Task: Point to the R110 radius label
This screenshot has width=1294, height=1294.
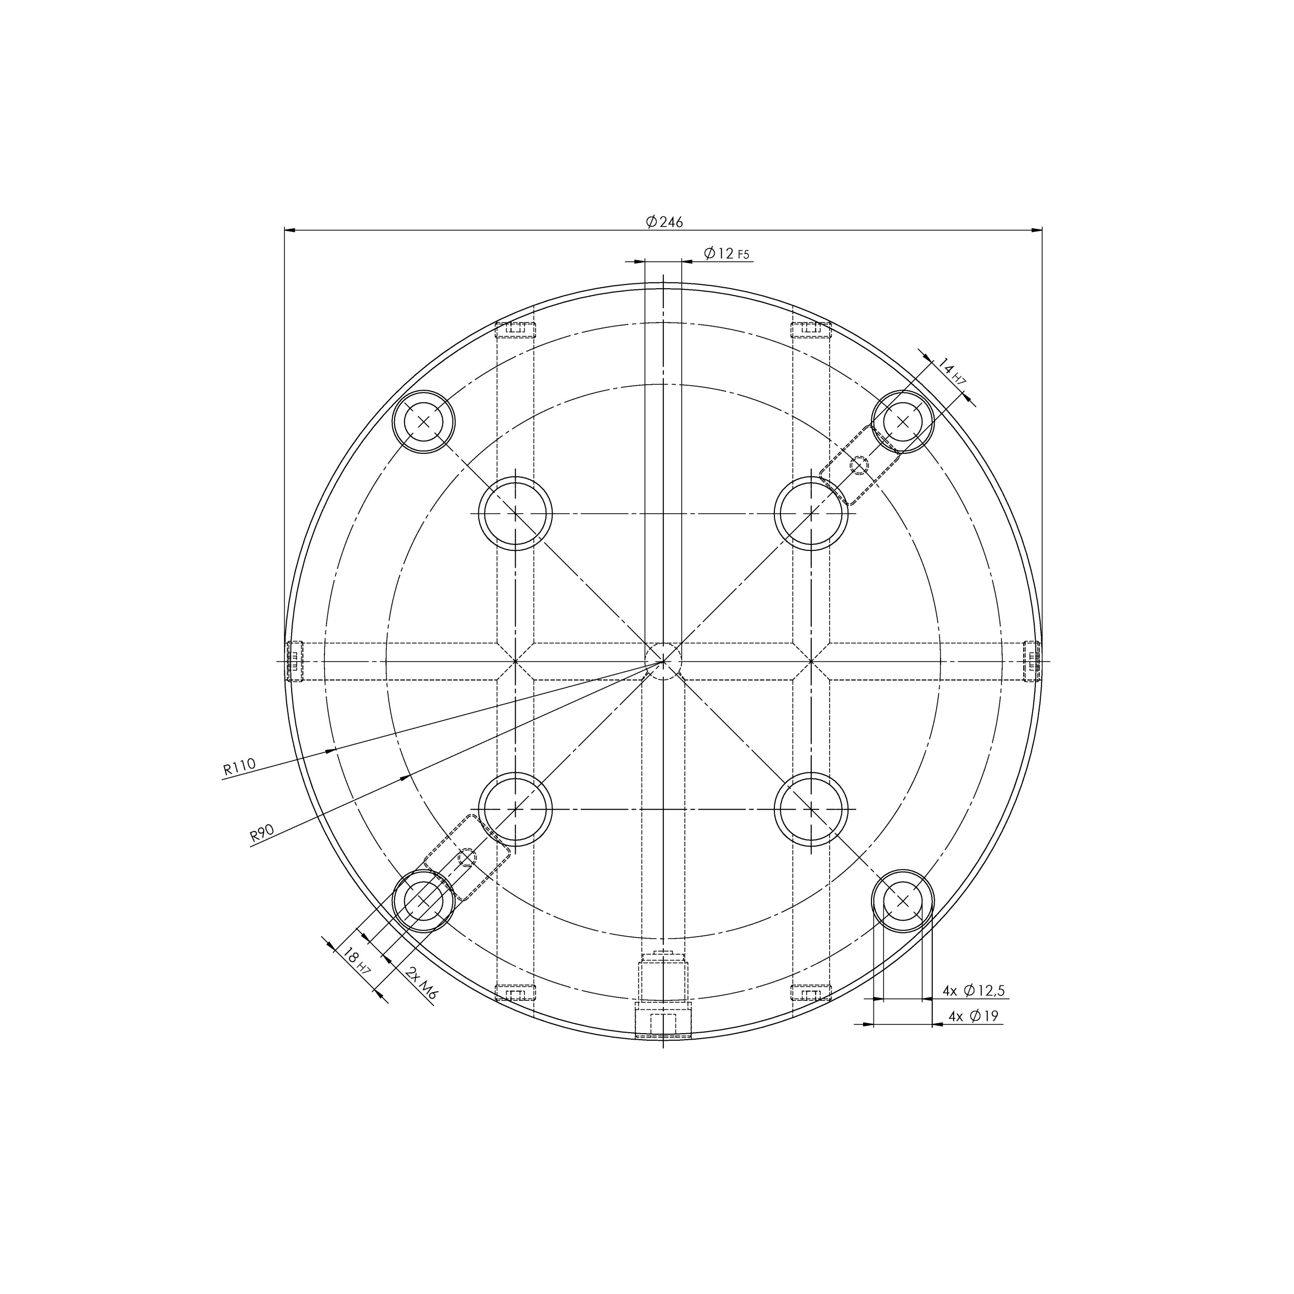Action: click(x=239, y=767)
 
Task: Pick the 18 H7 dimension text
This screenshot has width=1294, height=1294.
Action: click(x=355, y=963)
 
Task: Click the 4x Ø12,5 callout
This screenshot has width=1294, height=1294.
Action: click(x=973, y=990)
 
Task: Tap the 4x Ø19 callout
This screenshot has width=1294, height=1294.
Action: click(x=973, y=1016)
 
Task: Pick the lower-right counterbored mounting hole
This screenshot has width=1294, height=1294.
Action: click(x=902, y=901)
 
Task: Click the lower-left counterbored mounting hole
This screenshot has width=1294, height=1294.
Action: click(x=424, y=901)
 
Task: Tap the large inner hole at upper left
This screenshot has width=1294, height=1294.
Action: click(x=515, y=514)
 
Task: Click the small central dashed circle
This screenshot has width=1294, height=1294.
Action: click(x=663, y=661)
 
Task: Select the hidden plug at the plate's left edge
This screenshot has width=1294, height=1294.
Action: click(x=295, y=661)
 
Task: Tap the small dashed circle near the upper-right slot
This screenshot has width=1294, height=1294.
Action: click(x=859, y=464)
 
